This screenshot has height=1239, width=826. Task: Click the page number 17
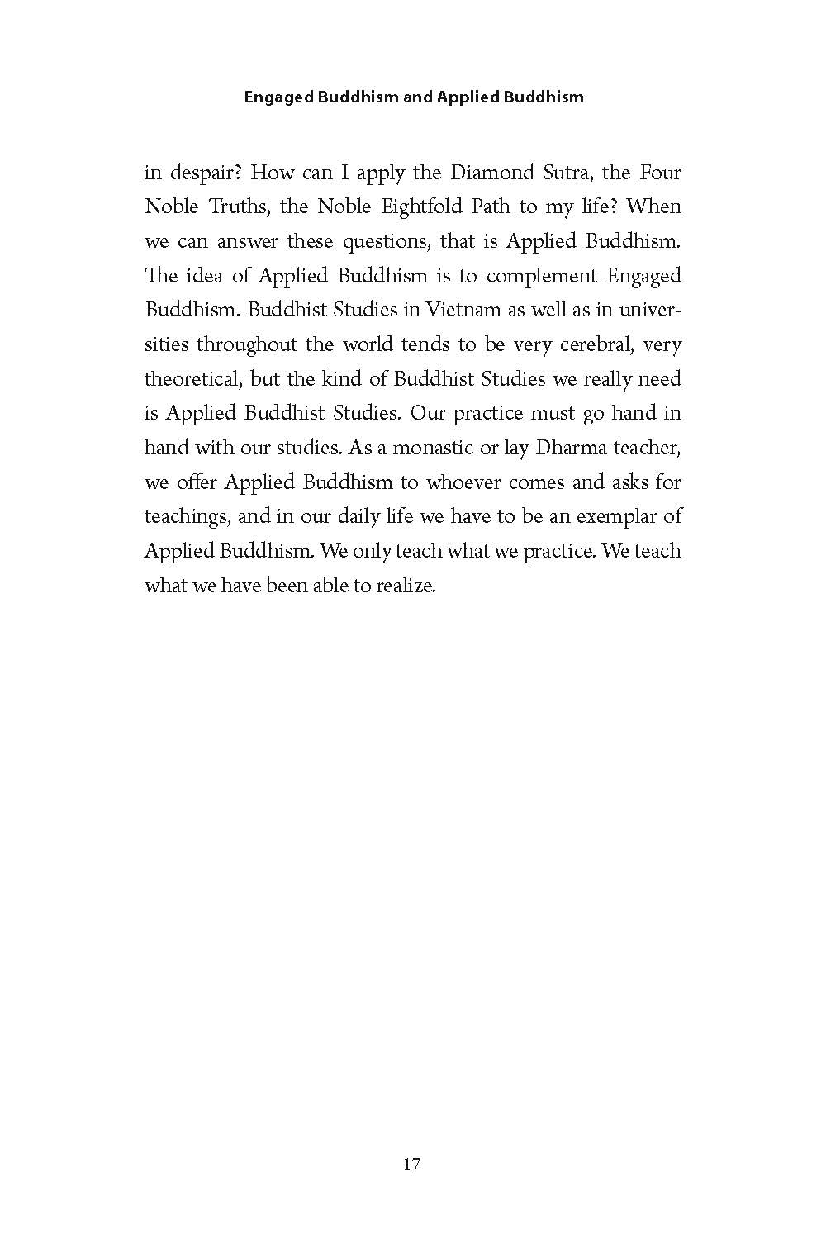tap(412, 1165)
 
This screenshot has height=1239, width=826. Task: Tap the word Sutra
tap(567, 173)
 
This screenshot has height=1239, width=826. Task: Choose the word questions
tap(371, 242)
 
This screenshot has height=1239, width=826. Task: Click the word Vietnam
tap(467, 311)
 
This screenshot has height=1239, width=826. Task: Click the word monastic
tap(434, 449)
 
